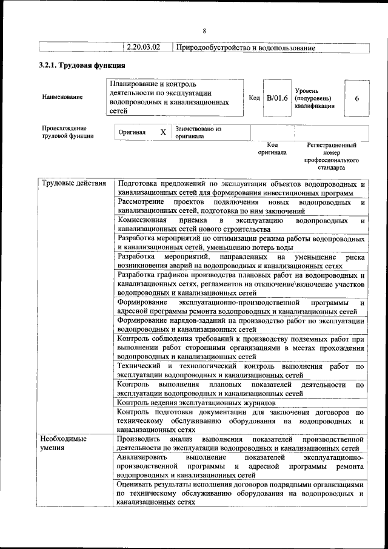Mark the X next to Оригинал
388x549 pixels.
coord(162,132)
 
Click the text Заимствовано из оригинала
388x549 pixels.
coord(198,132)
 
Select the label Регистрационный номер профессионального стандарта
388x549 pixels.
coord(332,156)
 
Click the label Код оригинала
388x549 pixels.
coord(272,149)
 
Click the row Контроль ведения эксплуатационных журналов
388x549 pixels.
coord(196,402)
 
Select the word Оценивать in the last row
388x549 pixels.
coord(137,485)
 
